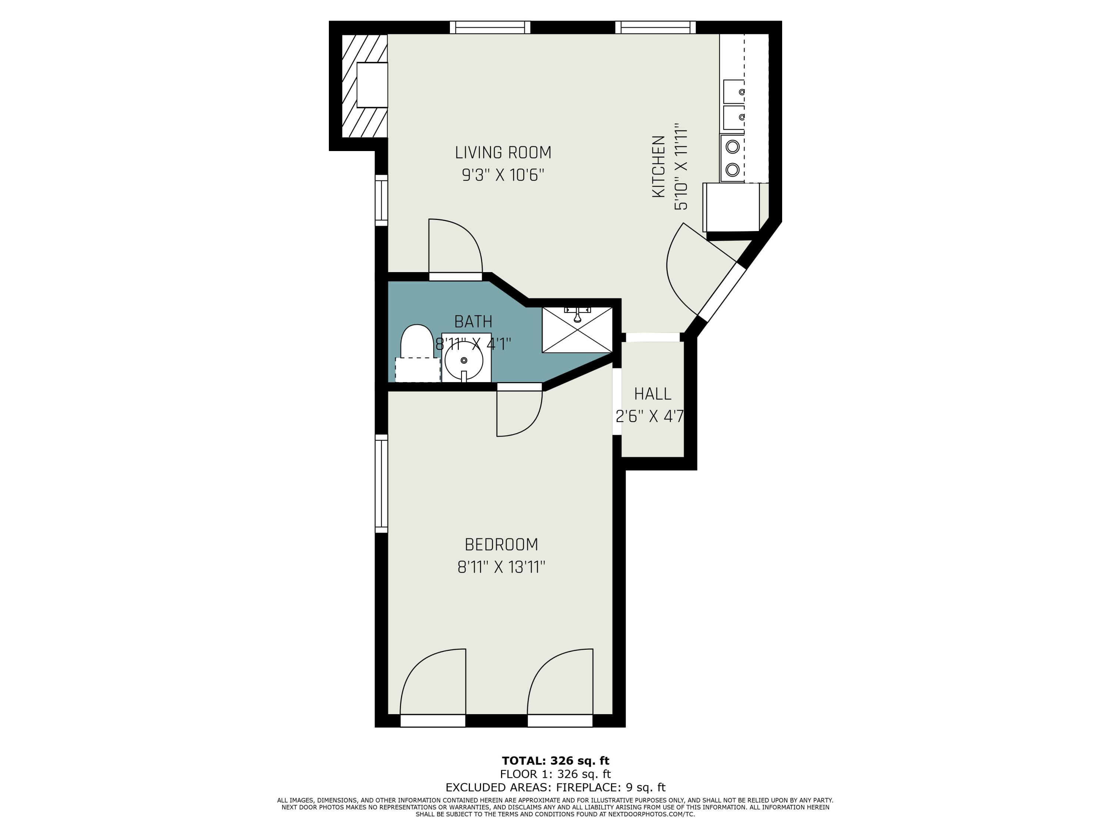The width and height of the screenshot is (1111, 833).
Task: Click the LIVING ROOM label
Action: [x=503, y=152]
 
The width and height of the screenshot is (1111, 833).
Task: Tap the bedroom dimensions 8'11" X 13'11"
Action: [x=501, y=568]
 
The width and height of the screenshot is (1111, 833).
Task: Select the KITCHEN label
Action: [x=658, y=166]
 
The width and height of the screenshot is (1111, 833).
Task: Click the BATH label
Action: [x=473, y=321]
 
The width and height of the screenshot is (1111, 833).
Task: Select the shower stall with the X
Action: [x=577, y=330]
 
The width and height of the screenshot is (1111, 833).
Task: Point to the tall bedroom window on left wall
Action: [x=382, y=484]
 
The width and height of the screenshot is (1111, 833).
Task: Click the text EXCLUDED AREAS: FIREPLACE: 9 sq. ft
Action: [x=555, y=787]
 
